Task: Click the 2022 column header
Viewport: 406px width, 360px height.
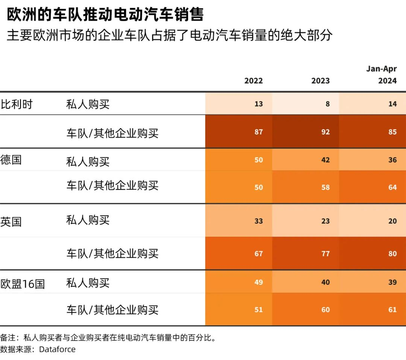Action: pyautogui.click(x=253, y=81)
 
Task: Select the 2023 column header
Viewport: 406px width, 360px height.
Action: pyautogui.click(x=320, y=81)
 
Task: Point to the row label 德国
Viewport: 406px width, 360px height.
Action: pyautogui.click(x=11, y=160)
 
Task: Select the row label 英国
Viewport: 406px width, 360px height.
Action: pyautogui.click(x=11, y=221)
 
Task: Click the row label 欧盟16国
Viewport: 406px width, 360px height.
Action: pyautogui.click(x=23, y=284)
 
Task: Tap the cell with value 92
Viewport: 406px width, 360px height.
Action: pyautogui.click(x=326, y=132)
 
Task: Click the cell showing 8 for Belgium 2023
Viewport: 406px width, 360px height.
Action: pyautogui.click(x=327, y=104)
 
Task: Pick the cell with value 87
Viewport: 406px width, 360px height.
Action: pyautogui.click(x=259, y=132)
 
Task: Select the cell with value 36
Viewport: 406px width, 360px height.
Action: pyautogui.click(x=392, y=160)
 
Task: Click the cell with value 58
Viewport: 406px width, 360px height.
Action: pyautogui.click(x=326, y=187)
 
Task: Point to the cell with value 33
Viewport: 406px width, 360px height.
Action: pyautogui.click(x=259, y=221)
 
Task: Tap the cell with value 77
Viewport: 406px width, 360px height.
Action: pyautogui.click(x=326, y=254)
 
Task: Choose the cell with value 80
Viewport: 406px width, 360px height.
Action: pyautogui.click(x=392, y=254)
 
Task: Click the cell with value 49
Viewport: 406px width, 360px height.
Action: pyautogui.click(x=259, y=282)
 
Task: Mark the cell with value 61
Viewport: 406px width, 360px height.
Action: pyautogui.click(x=392, y=310)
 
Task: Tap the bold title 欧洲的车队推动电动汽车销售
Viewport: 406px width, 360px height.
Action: pyautogui.click(x=105, y=15)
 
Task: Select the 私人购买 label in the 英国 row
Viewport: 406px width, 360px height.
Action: pyautogui.click(x=88, y=220)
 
